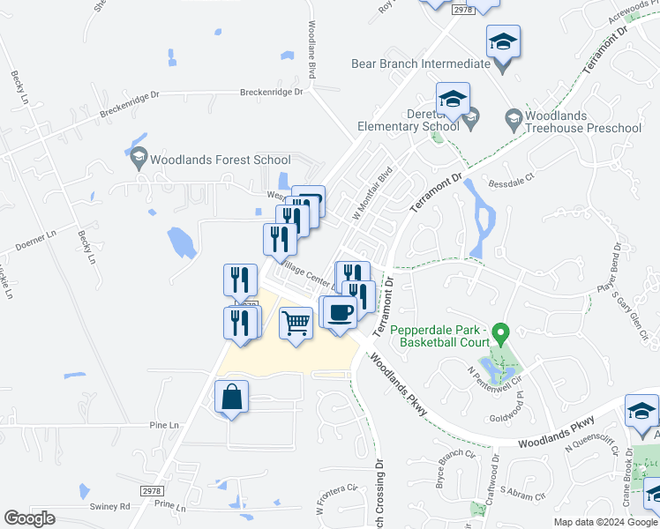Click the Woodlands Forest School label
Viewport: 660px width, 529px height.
[x=220, y=160]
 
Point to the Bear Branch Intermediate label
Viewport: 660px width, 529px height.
[x=420, y=63]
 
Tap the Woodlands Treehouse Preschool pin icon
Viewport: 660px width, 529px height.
[x=514, y=117]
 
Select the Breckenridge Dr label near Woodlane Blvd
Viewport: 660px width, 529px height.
[x=272, y=92]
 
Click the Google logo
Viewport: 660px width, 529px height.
[x=29, y=518]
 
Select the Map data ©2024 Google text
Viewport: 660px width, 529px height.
[x=605, y=522]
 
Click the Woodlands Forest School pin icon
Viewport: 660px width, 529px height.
[x=138, y=160]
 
